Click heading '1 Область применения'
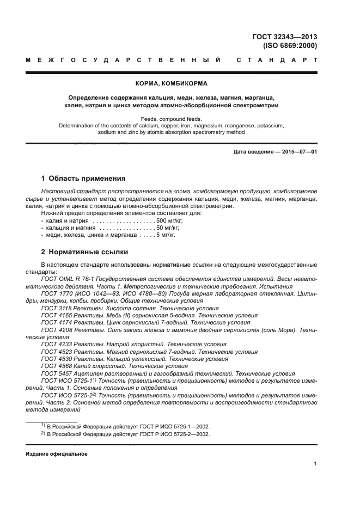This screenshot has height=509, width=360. point(84,178)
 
